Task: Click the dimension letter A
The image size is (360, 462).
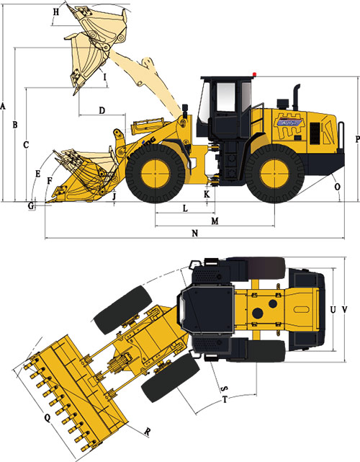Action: pyautogui.click(x=4, y=107)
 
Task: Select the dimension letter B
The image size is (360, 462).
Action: pyautogui.click(x=15, y=125)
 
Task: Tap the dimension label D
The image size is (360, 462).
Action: pyautogui.click(x=102, y=110)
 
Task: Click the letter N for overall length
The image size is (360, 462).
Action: pyautogui.click(x=194, y=233)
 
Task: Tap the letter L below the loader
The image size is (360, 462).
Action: pyautogui.click(x=185, y=208)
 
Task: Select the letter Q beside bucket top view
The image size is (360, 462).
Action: pyautogui.click(x=47, y=417)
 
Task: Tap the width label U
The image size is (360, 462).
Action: pyautogui.click(x=332, y=309)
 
